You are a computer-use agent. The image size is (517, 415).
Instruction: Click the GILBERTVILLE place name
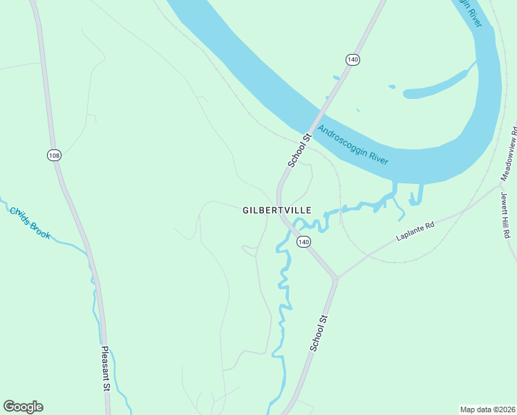click(x=276, y=210)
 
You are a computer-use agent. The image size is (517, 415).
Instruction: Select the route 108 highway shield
click(x=54, y=155)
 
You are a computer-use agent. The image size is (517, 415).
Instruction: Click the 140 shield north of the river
click(x=352, y=59)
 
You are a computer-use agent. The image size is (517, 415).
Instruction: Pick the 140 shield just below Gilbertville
click(x=303, y=241)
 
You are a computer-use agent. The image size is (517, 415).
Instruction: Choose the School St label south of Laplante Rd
click(x=318, y=333)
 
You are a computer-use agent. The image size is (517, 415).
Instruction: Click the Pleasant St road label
click(x=105, y=369)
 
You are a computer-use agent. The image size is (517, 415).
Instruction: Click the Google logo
click(x=23, y=407)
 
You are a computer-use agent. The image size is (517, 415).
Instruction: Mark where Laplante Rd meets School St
click(x=336, y=278)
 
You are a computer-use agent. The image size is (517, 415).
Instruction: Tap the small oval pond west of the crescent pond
click(x=392, y=87)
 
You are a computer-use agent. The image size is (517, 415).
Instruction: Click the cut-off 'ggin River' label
click(x=469, y=12)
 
